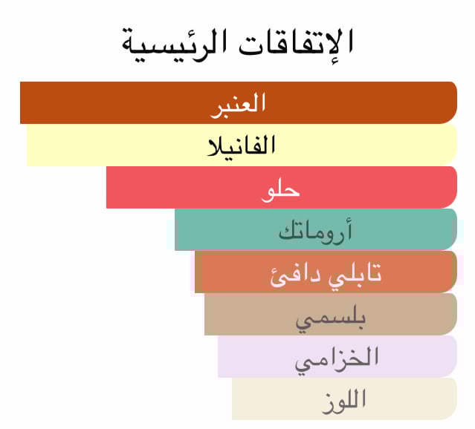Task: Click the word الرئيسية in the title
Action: click(172, 45)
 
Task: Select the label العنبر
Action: click(238, 105)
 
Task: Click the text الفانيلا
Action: click(241, 145)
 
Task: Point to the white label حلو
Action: click(280, 191)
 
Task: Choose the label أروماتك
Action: click(315, 232)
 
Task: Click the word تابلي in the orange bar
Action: click(355, 275)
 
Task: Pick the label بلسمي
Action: click(331, 319)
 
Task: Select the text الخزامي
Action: click(337, 359)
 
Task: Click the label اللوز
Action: click(344, 402)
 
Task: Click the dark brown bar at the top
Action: click(239, 102)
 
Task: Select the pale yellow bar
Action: click(242, 145)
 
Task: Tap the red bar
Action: click(282, 187)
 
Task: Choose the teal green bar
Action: click(316, 229)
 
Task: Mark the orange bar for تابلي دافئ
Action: click(326, 272)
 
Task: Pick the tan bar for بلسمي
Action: click(331, 315)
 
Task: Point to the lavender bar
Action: click(337, 357)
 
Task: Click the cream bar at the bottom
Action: click(344, 399)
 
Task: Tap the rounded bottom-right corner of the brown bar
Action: click(453, 120)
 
